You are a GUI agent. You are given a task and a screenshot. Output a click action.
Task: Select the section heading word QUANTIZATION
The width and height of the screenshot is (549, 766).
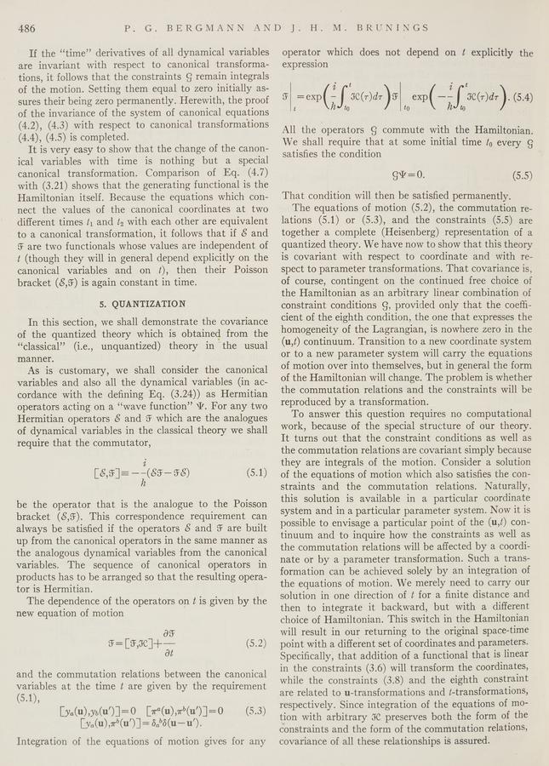click(x=148, y=303)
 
